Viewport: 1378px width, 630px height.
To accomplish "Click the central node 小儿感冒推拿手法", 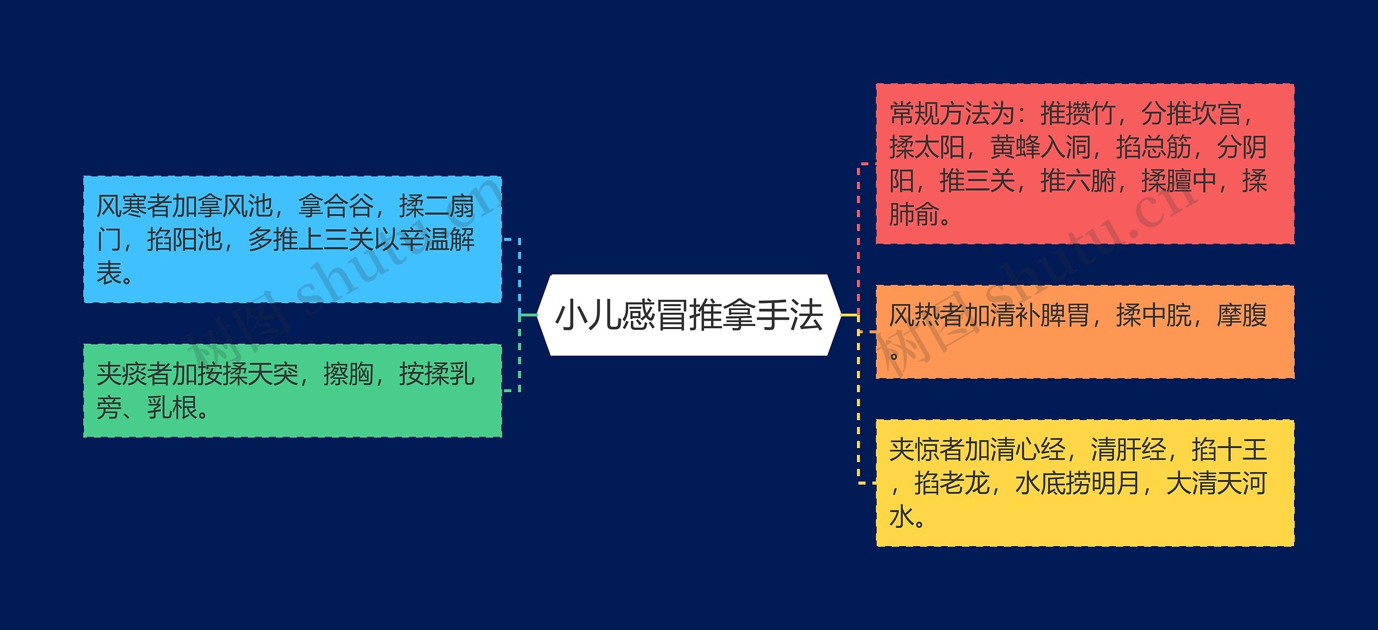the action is click(x=689, y=315).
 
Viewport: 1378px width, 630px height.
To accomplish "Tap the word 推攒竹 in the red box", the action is click(x=1078, y=114).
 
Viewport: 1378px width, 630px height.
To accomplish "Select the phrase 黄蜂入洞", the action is click(x=1040, y=147).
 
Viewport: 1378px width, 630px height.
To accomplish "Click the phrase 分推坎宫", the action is click(x=1191, y=114).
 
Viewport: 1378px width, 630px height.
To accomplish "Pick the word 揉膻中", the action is click(x=1178, y=181).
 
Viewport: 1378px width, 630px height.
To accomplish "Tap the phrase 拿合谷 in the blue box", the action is click(x=336, y=206).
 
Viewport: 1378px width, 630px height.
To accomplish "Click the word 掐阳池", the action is click(x=185, y=240).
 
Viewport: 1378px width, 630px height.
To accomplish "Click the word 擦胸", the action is click(x=348, y=374).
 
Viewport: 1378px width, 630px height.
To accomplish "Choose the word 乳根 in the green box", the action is click(x=172, y=407).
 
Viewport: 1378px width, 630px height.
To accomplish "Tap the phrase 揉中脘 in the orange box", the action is click(x=1154, y=315).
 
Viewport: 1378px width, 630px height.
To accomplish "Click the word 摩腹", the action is click(x=1241, y=315).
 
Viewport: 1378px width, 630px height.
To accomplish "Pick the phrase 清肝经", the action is click(x=1128, y=450).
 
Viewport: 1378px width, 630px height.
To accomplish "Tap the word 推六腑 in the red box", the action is click(x=1078, y=181).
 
